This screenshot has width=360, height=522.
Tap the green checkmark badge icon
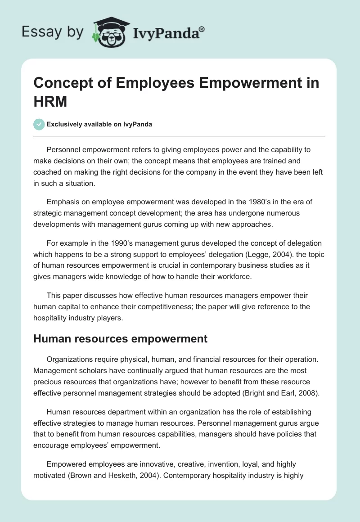pyautogui.click(x=39, y=124)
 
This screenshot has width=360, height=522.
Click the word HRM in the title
pyautogui.click(x=50, y=102)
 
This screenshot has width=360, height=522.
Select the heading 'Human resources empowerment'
pyautogui.click(x=121, y=339)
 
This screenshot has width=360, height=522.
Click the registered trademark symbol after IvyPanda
pyautogui.click(x=202, y=29)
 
